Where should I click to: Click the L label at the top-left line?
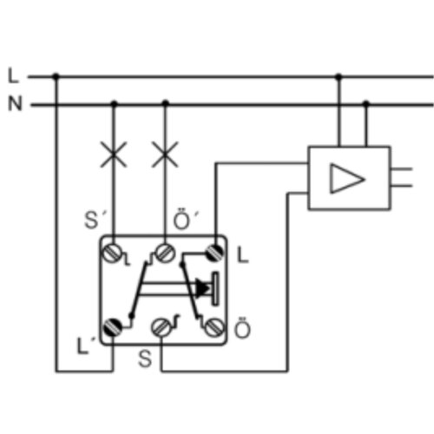[x=13, y=76]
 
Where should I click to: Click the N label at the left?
[x=15, y=103]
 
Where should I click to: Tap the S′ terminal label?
[x=94, y=220]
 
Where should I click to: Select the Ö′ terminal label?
[x=186, y=219]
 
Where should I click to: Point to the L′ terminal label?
[x=86, y=346]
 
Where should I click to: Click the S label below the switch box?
[x=145, y=358]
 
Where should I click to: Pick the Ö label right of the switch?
[x=242, y=328]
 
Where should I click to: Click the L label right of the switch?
[x=242, y=255]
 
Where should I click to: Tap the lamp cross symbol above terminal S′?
[x=114, y=155]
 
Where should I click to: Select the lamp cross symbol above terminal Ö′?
[x=165, y=155]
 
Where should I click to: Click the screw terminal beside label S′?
[x=112, y=253]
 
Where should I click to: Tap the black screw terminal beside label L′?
[x=113, y=327]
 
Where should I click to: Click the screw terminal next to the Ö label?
[x=214, y=327]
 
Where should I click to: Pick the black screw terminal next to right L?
[x=214, y=253]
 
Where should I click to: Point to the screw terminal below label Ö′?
[x=165, y=253]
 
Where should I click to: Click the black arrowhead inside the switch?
[x=202, y=288]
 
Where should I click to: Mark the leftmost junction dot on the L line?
[x=56, y=76]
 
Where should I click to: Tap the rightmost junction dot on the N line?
[x=366, y=103]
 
